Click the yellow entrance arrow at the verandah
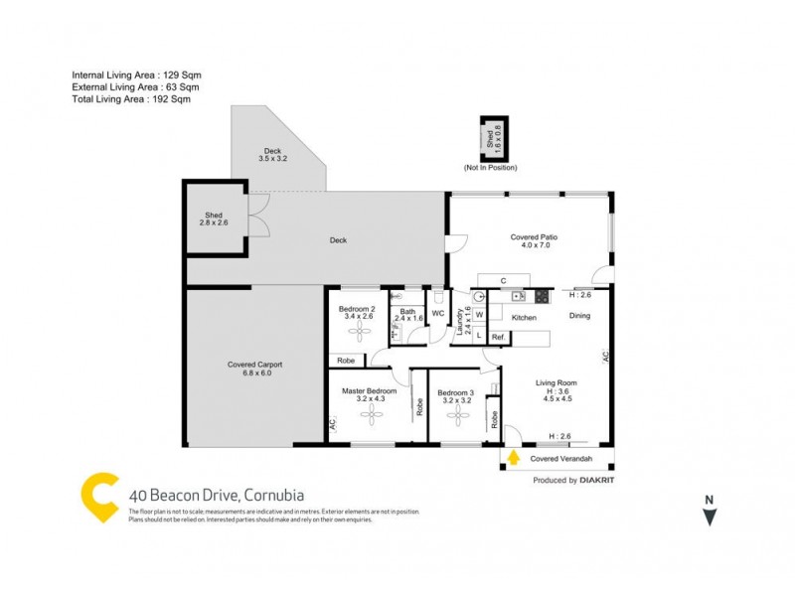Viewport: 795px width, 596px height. (x=514, y=458)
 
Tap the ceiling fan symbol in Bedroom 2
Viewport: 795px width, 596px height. (x=356, y=331)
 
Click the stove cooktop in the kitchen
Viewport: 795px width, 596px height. (x=543, y=296)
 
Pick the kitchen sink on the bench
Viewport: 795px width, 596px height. (x=518, y=296)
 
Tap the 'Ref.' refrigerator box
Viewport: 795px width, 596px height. (x=498, y=338)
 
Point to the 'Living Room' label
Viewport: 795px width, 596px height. (x=556, y=382)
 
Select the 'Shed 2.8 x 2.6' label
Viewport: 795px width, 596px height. (x=214, y=219)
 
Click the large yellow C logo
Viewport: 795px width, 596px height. (x=99, y=498)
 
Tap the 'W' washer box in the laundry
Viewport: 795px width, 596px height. (x=479, y=316)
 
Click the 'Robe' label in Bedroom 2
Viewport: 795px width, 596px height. (x=346, y=360)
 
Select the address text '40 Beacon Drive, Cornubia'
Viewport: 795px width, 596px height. (x=217, y=495)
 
